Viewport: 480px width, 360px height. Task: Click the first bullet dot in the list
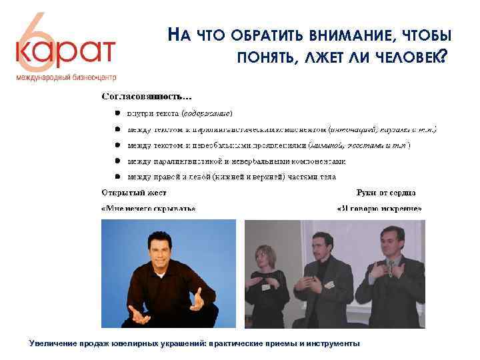117,113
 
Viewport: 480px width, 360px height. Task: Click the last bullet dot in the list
117,177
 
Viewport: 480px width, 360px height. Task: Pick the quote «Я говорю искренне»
379,209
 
